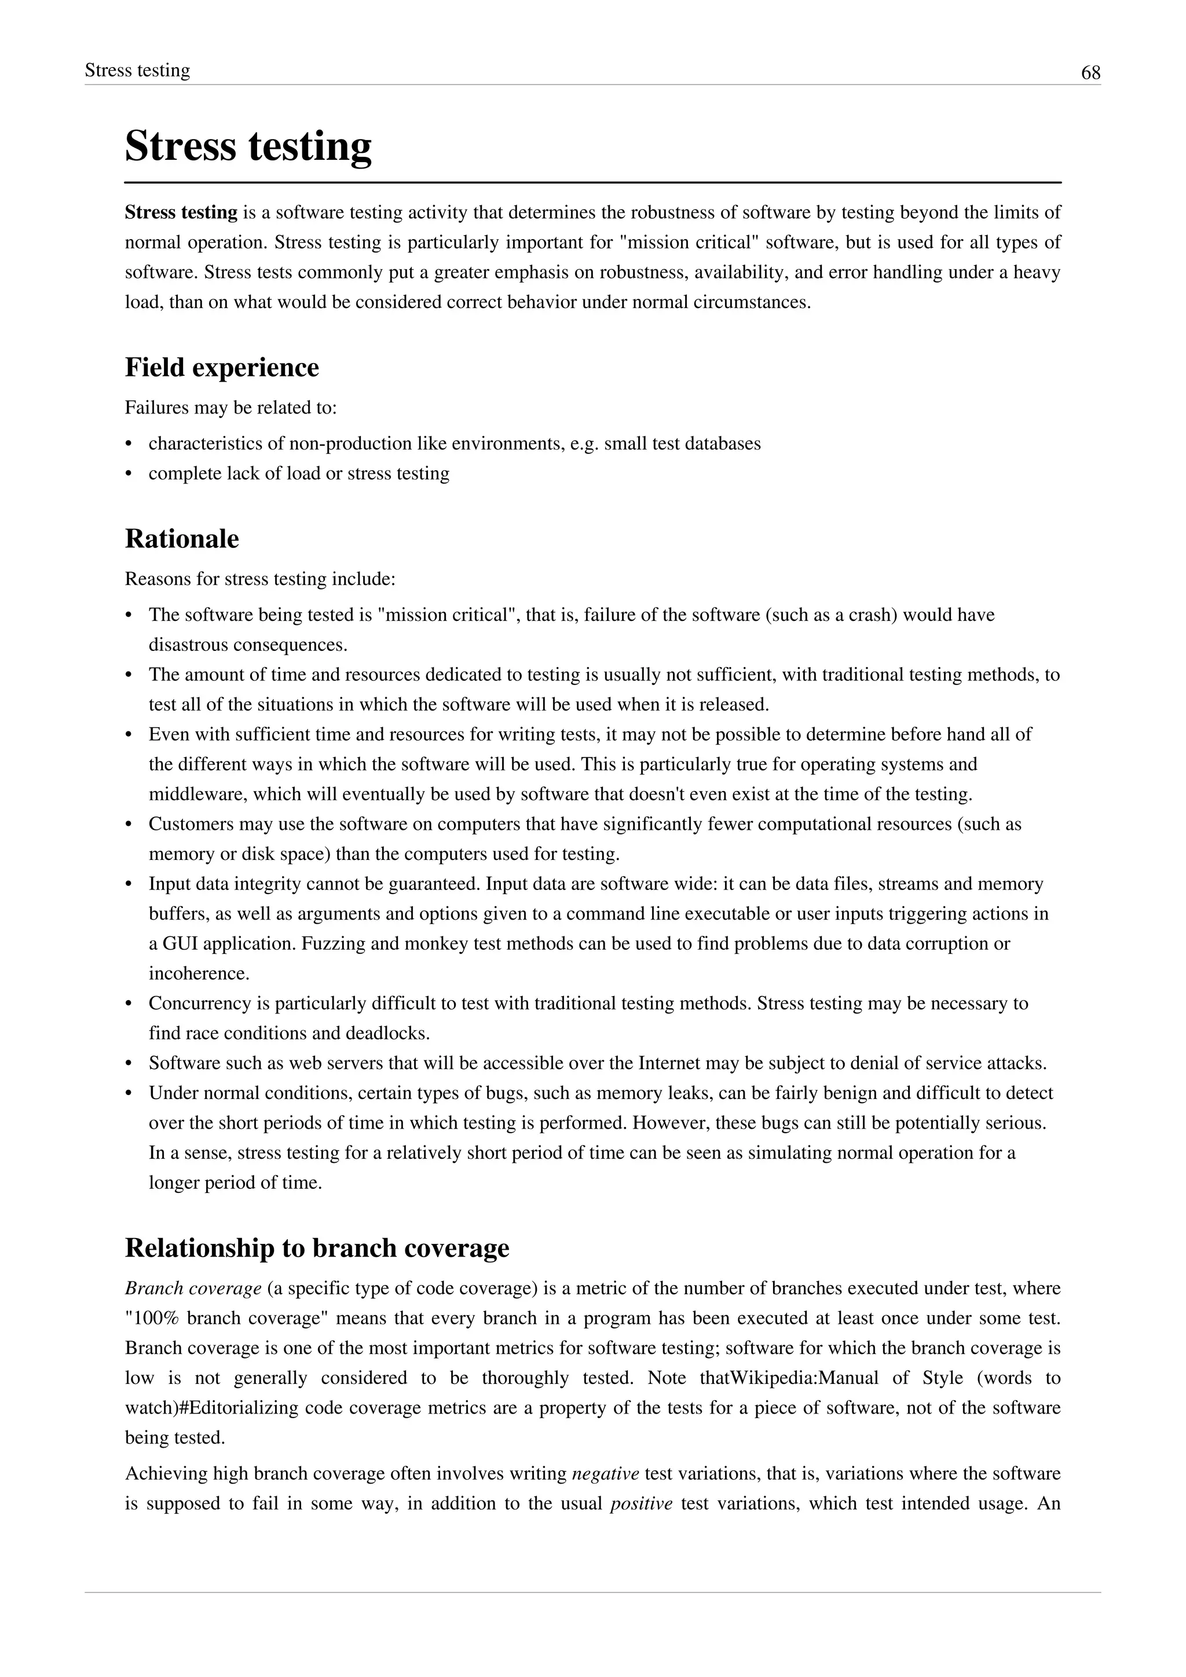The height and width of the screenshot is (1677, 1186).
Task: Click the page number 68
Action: pos(1090,73)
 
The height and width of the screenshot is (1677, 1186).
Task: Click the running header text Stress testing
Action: pos(137,70)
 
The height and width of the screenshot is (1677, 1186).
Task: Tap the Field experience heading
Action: pos(222,367)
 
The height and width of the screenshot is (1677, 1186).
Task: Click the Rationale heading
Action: pos(182,539)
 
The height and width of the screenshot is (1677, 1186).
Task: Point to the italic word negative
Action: pos(605,1474)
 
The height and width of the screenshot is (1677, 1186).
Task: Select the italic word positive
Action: pos(640,1504)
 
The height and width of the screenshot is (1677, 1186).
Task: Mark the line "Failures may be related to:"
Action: pos(231,408)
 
